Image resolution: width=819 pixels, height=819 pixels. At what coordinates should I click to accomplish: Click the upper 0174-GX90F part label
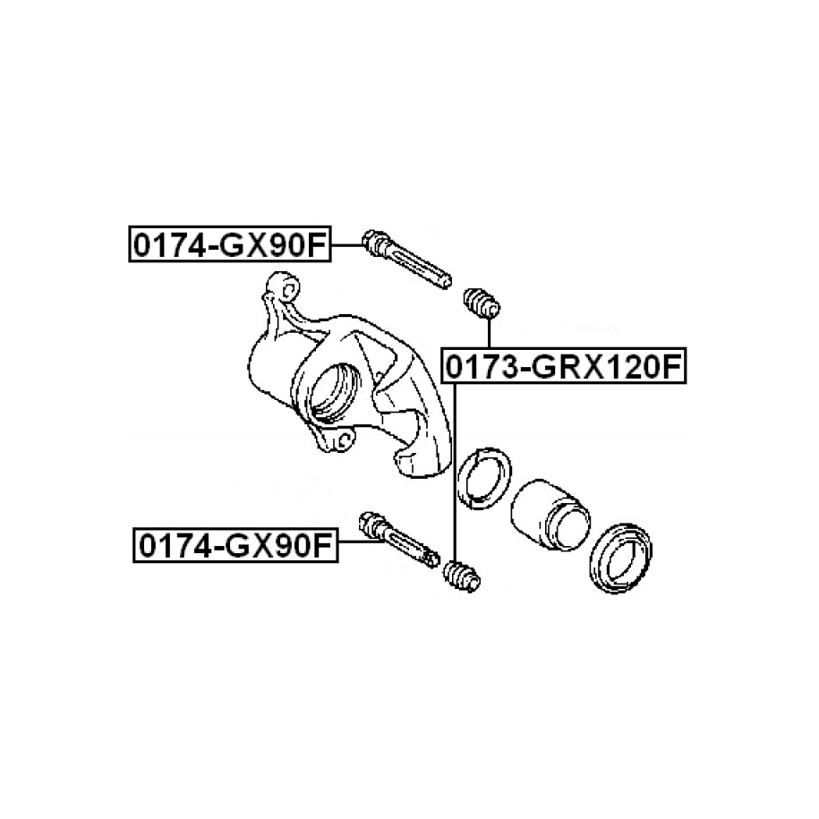(x=230, y=244)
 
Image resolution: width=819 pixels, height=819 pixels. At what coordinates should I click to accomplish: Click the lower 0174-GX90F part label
(x=235, y=545)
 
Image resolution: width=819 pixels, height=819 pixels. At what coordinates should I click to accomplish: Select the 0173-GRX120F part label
(x=564, y=365)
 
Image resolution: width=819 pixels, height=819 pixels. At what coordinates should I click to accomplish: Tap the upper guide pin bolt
(x=406, y=259)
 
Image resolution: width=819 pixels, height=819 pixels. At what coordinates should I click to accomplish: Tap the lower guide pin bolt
(x=399, y=540)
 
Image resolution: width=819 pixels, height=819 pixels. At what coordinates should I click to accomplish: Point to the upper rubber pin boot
(x=482, y=303)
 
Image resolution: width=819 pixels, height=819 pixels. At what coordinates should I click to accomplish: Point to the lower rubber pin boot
(x=462, y=576)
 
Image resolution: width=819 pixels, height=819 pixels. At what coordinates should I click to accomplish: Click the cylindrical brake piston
(x=550, y=515)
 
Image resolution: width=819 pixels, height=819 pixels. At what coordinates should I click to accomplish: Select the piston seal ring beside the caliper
(x=484, y=478)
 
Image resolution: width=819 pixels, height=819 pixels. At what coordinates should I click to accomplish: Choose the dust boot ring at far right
(x=620, y=558)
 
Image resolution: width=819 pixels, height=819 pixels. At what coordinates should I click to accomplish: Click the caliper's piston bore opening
(x=334, y=393)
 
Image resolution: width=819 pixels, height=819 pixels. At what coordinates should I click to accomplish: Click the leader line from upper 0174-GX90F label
(x=346, y=244)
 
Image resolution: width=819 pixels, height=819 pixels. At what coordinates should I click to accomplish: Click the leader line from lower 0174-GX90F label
(x=362, y=542)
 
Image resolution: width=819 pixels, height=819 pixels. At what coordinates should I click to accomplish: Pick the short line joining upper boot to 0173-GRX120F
(x=490, y=333)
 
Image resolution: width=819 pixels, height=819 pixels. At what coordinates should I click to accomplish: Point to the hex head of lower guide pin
(x=370, y=524)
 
